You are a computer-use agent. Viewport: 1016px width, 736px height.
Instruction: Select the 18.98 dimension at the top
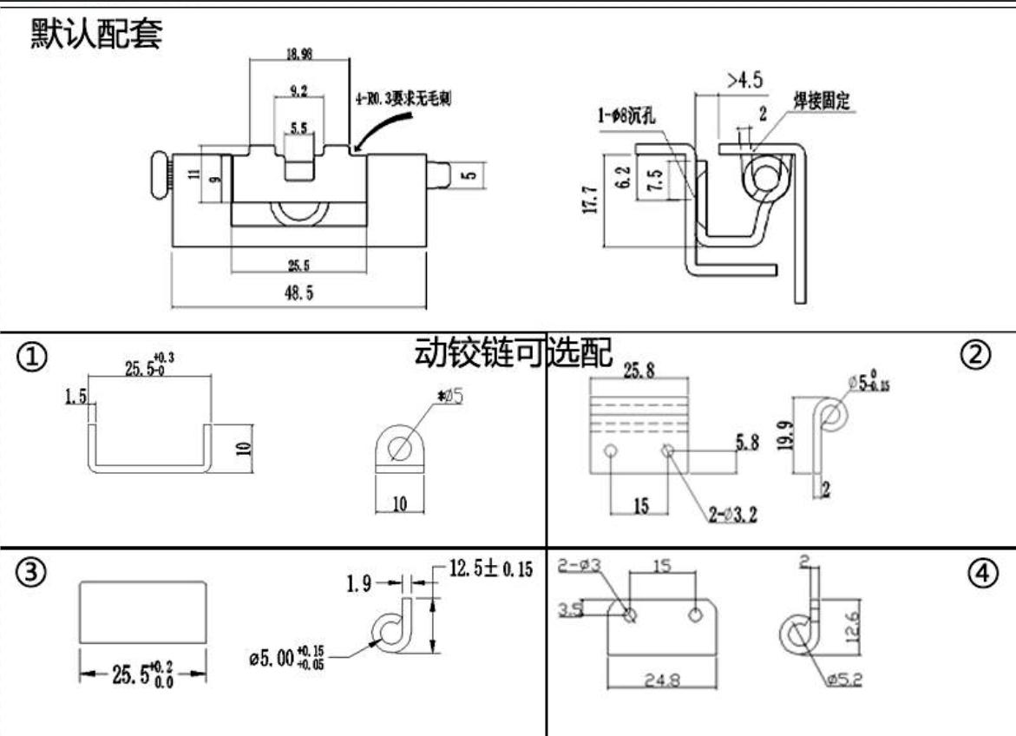click(x=299, y=53)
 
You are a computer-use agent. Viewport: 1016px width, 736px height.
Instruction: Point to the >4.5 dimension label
click(x=744, y=81)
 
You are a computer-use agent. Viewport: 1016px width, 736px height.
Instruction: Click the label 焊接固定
click(x=821, y=101)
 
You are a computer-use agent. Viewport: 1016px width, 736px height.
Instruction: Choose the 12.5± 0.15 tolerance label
click(x=490, y=569)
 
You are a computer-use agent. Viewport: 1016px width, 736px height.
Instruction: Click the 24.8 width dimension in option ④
click(x=664, y=680)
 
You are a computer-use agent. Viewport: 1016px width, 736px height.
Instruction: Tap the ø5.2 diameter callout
click(x=843, y=680)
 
